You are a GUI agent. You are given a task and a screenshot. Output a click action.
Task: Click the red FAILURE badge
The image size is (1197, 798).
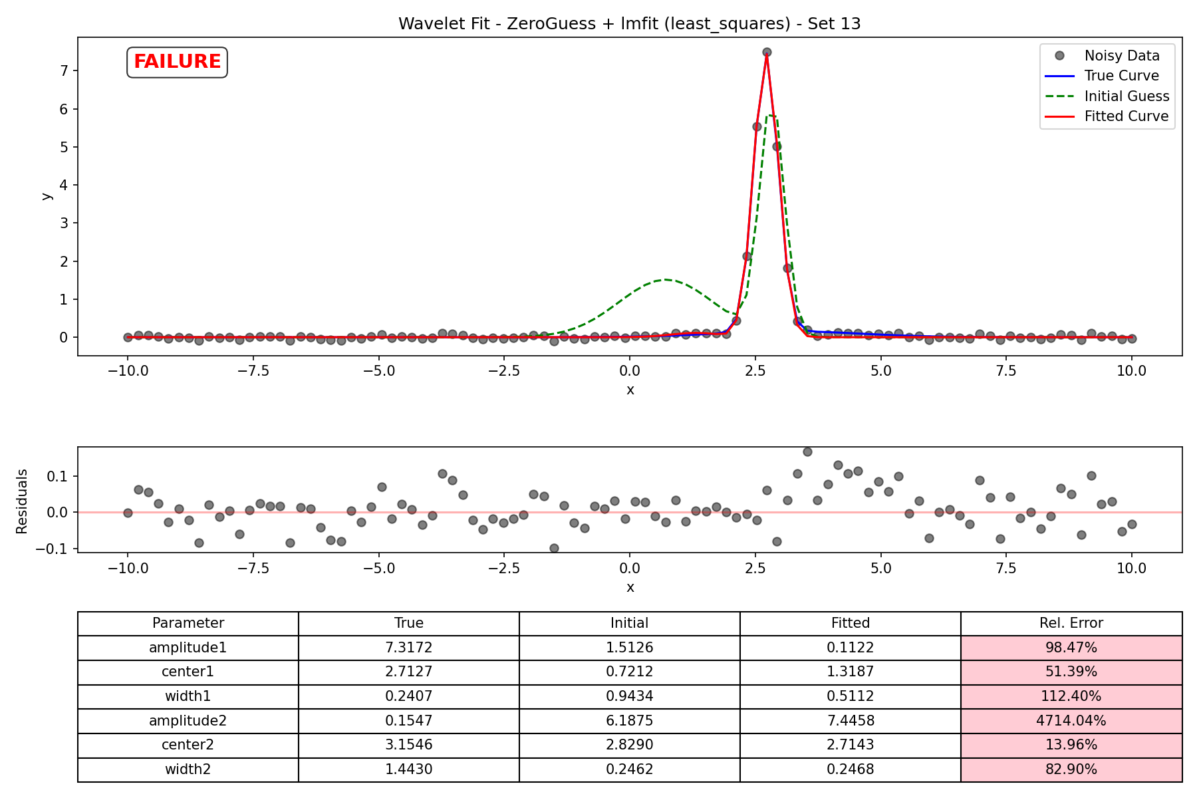point(177,62)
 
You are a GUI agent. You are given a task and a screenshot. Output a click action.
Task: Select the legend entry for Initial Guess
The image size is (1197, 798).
point(1107,96)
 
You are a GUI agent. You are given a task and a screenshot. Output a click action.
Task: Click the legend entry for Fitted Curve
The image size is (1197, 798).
point(1107,116)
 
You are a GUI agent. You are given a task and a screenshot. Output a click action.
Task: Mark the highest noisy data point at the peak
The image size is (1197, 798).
point(767,52)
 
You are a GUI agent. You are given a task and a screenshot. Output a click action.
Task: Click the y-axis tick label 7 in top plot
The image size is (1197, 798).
point(65,70)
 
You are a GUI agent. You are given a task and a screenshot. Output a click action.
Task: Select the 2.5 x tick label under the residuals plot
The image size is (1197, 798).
point(755,569)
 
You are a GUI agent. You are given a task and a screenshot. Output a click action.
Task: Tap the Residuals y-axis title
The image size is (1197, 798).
point(22,501)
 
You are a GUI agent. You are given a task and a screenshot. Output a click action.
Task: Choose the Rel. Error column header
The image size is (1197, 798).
point(1071,623)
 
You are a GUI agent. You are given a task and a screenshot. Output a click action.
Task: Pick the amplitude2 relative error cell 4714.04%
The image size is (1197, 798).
point(1071,721)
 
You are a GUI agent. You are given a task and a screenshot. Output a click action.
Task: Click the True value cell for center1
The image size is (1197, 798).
point(409,672)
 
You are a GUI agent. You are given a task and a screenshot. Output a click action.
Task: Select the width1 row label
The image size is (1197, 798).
point(188,696)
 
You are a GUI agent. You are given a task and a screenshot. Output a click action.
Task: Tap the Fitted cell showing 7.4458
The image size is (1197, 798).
point(851,721)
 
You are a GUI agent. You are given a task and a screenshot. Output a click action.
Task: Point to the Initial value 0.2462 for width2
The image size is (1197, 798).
point(630,769)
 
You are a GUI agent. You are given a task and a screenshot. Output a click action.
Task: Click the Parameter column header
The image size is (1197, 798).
point(188,623)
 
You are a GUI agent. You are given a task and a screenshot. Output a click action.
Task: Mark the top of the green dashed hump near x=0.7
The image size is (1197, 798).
point(666,279)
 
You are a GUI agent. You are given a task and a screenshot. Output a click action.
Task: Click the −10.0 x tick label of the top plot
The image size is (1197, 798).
point(128,371)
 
